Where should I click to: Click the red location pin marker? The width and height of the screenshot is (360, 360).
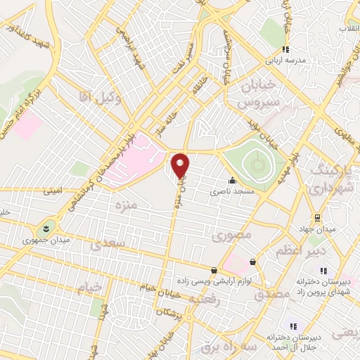(181, 166)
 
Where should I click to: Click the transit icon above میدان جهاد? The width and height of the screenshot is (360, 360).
(317, 217)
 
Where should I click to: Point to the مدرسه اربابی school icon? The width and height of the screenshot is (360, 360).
(285, 49)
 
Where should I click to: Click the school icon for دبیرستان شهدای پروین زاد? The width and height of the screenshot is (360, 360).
(323, 270)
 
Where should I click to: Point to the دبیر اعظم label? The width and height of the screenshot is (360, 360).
(303, 250)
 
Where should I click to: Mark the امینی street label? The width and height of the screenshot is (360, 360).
(53, 190)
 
